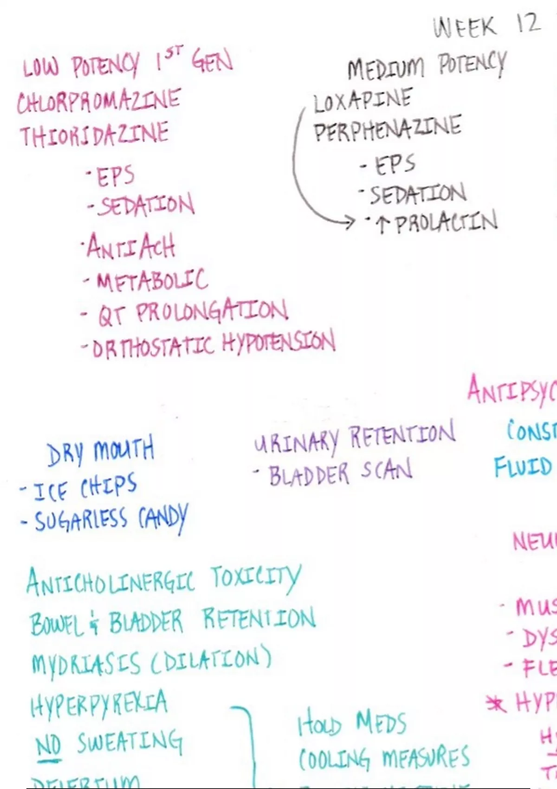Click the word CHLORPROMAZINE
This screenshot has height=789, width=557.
point(98,102)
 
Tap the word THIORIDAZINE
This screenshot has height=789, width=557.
point(94,134)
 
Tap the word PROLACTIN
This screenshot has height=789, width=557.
point(446,222)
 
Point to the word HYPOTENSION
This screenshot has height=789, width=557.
point(278,343)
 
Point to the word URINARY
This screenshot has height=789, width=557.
point(297,440)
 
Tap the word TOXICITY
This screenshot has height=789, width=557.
point(256,578)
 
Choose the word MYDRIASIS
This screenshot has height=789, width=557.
point(85,663)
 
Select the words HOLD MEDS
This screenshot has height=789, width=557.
point(351,724)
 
